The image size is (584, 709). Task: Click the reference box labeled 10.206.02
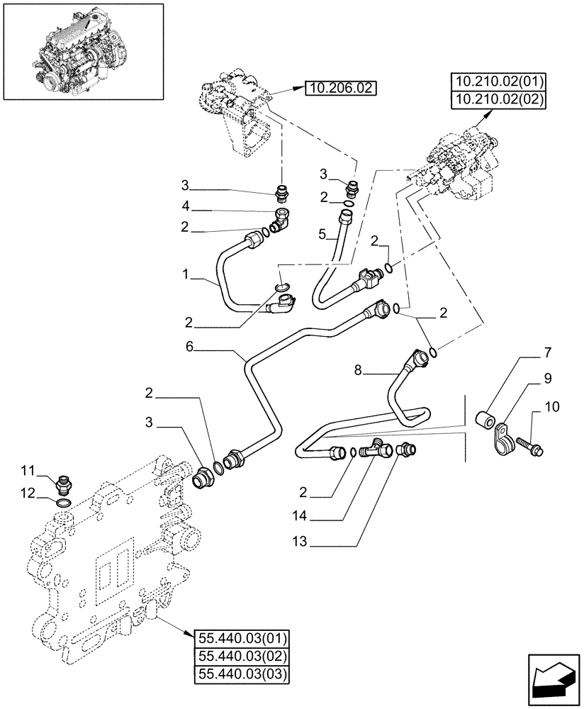click(x=341, y=89)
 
